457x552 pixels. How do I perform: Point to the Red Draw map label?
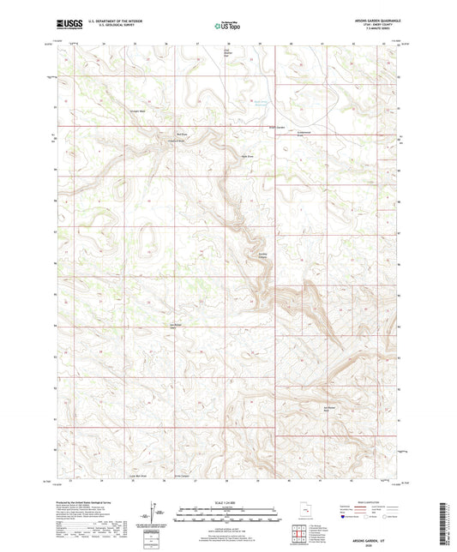tap(181, 134)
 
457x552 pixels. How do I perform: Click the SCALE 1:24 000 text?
tap(228, 503)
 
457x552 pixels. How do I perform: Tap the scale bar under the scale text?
tap(228, 517)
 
